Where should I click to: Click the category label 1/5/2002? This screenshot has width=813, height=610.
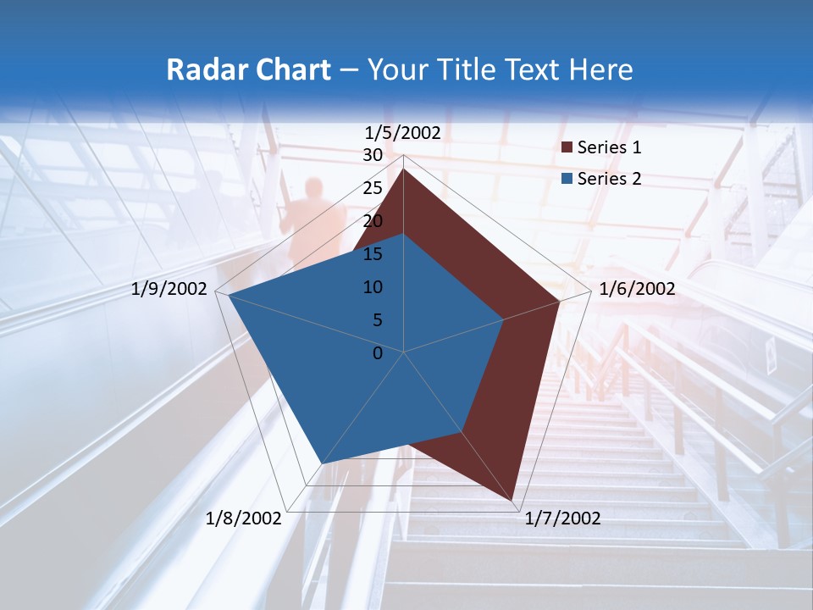click(x=403, y=133)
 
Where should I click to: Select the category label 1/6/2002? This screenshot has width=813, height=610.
click(x=637, y=289)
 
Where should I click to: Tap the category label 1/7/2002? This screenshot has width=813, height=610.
click(x=562, y=518)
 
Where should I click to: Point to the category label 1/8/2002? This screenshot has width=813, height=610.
click(x=243, y=518)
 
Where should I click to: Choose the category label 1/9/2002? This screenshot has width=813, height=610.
click(x=169, y=289)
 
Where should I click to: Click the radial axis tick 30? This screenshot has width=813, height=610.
click(x=373, y=156)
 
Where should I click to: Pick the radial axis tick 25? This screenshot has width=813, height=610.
click(x=373, y=189)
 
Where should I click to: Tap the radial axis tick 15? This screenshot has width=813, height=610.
click(x=373, y=254)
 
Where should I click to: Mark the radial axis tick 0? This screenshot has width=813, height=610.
click(x=378, y=353)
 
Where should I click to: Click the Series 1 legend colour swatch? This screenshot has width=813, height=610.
click(x=567, y=148)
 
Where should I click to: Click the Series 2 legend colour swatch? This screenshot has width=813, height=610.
click(x=567, y=179)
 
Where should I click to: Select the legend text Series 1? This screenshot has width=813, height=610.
click(x=609, y=147)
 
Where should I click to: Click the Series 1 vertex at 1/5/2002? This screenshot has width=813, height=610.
click(x=404, y=169)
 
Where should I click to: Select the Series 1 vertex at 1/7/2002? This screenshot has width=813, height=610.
click(x=513, y=500)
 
